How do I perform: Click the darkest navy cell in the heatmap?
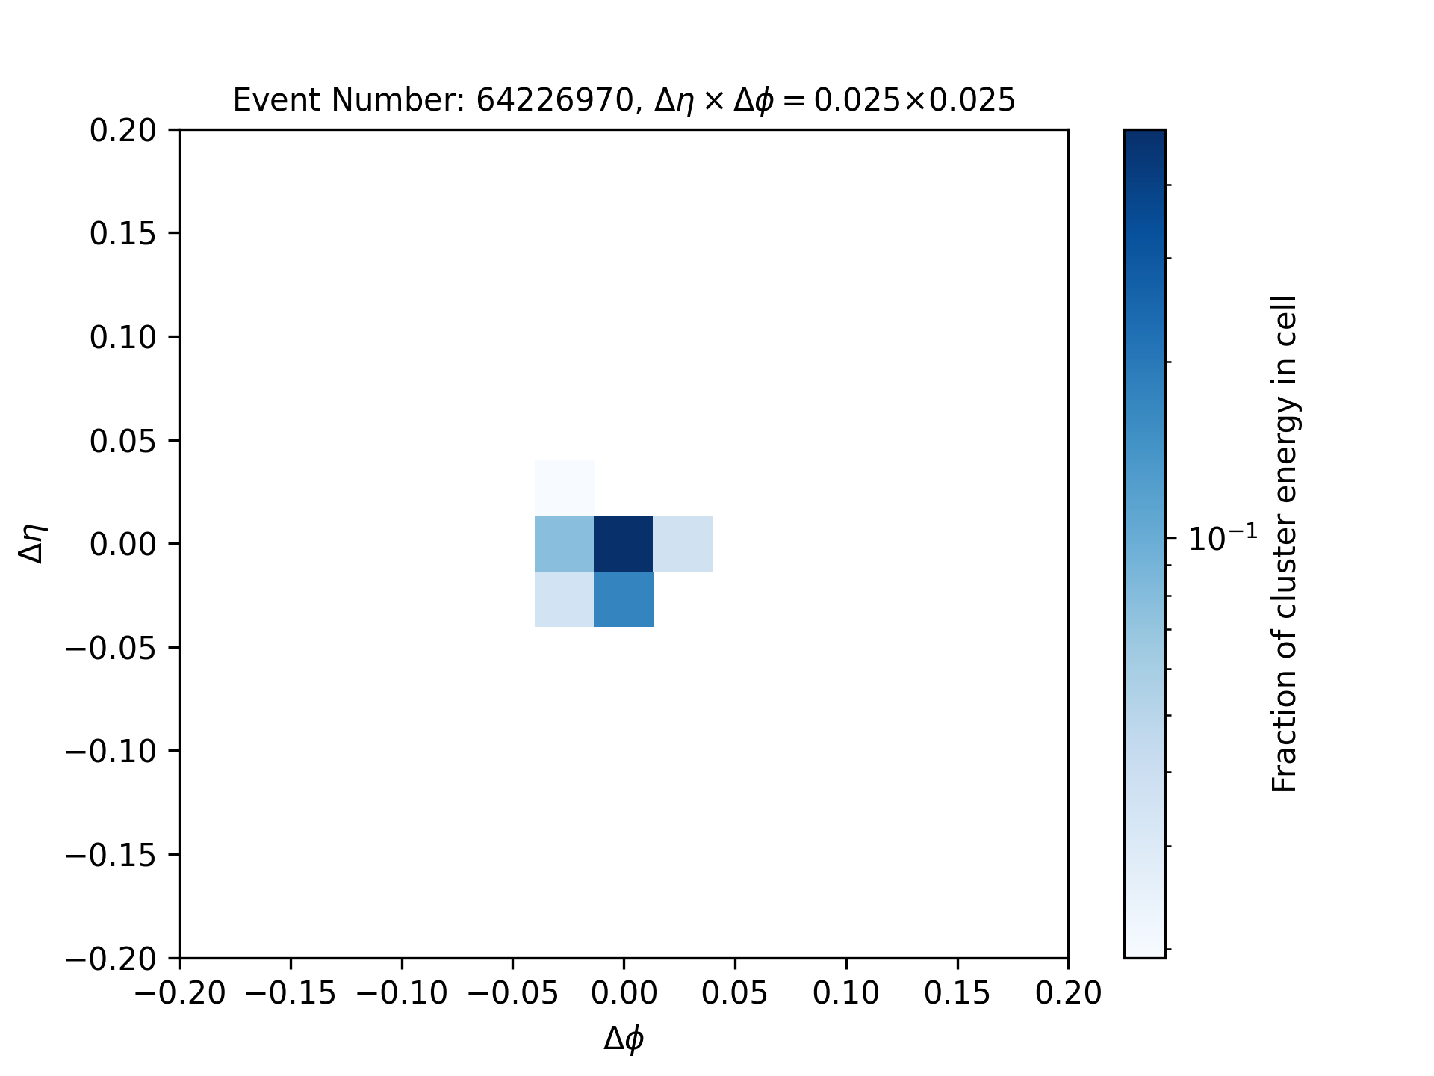[624, 543]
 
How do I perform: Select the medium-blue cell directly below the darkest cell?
[624, 599]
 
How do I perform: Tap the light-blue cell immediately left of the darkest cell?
[565, 543]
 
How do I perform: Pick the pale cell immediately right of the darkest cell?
[683, 543]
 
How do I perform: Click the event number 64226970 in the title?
[555, 100]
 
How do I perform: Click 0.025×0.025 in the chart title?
[914, 100]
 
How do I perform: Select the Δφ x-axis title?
[624, 1038]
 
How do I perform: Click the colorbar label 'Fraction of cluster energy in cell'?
[1285, 543]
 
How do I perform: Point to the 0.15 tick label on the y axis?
[123, 234]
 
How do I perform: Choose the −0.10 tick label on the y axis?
[111, 751]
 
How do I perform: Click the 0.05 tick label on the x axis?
[735, 993]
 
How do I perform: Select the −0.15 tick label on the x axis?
[291, 993]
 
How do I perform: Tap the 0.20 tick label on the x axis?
[1068, 993]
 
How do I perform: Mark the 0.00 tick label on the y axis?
[123, 544]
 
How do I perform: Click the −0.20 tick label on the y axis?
[111, 958]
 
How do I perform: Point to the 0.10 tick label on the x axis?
[846, 993]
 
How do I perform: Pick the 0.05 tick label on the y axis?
[123, 441]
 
